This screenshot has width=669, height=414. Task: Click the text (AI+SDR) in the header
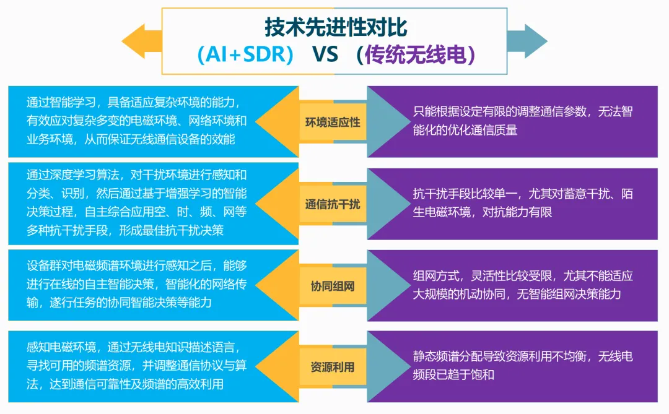click(x=245, y=54)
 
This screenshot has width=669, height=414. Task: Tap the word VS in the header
click(x=325, y=54)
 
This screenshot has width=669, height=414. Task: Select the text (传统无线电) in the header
click(x=419, y=54)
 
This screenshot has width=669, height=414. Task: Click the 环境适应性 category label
click(x=333, y=122)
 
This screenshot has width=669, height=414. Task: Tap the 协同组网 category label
click(x=333, y=286)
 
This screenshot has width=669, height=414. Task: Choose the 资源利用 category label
click(x=333, y=367)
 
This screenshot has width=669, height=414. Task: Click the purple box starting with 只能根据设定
click(x=520, y=121)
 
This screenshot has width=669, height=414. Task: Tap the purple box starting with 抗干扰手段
click(x=520, y=203)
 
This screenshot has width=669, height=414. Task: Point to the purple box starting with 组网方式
click(x=520, y=285)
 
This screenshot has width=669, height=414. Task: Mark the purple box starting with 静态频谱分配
click(x=520, y=366)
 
